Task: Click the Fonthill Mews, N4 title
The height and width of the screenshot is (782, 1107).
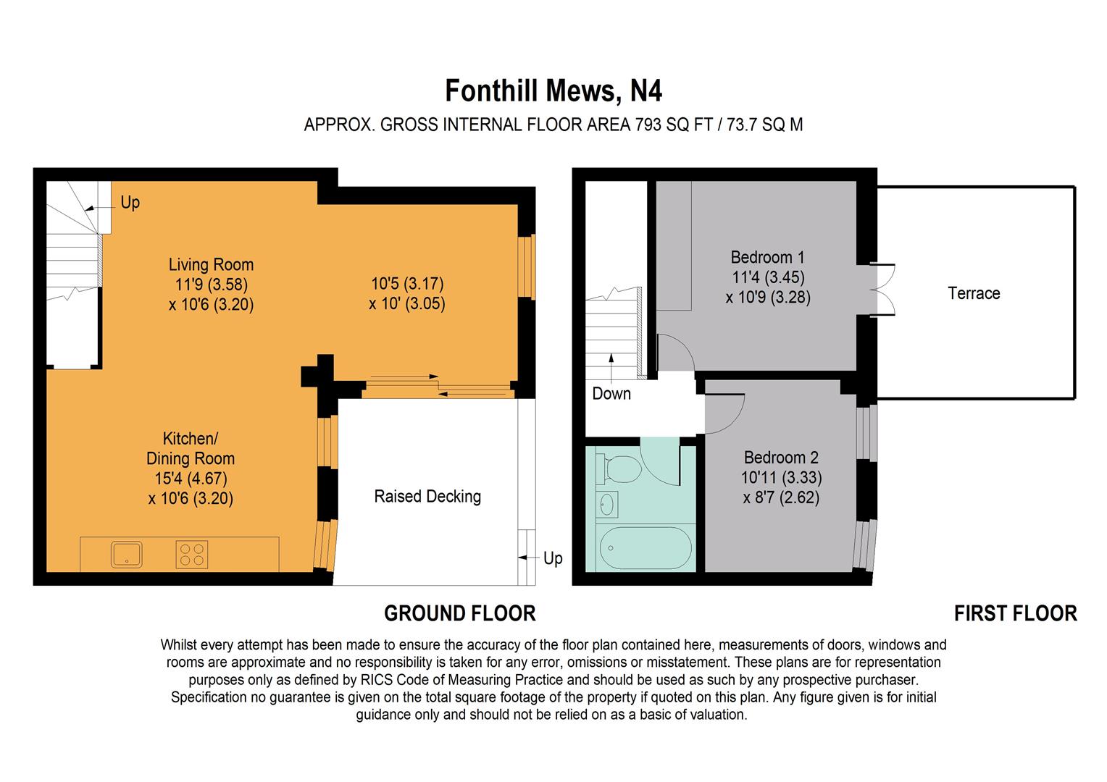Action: [553, 92]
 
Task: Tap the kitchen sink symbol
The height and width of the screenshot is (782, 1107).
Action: [127, 554]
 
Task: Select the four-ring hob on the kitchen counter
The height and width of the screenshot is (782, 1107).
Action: [192, 554]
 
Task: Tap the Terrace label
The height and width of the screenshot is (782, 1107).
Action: [974, 293]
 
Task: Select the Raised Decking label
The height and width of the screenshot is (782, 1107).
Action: [427, 497]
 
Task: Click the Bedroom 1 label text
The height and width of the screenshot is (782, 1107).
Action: [767, 257]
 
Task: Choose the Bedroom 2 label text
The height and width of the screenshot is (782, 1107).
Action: [781, 458]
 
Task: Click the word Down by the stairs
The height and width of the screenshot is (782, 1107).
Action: [611, 394]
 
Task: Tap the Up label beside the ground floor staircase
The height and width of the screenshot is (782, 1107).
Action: [130, 203]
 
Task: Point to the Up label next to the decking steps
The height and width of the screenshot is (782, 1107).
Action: [553, 558]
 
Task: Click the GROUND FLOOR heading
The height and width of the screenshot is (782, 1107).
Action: [459, 613]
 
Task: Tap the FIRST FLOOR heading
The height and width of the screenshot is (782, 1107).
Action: [1015, 613]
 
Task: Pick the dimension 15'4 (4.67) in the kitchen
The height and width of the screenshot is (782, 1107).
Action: [191, 479]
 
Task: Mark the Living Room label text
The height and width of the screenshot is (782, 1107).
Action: [211, 264]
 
